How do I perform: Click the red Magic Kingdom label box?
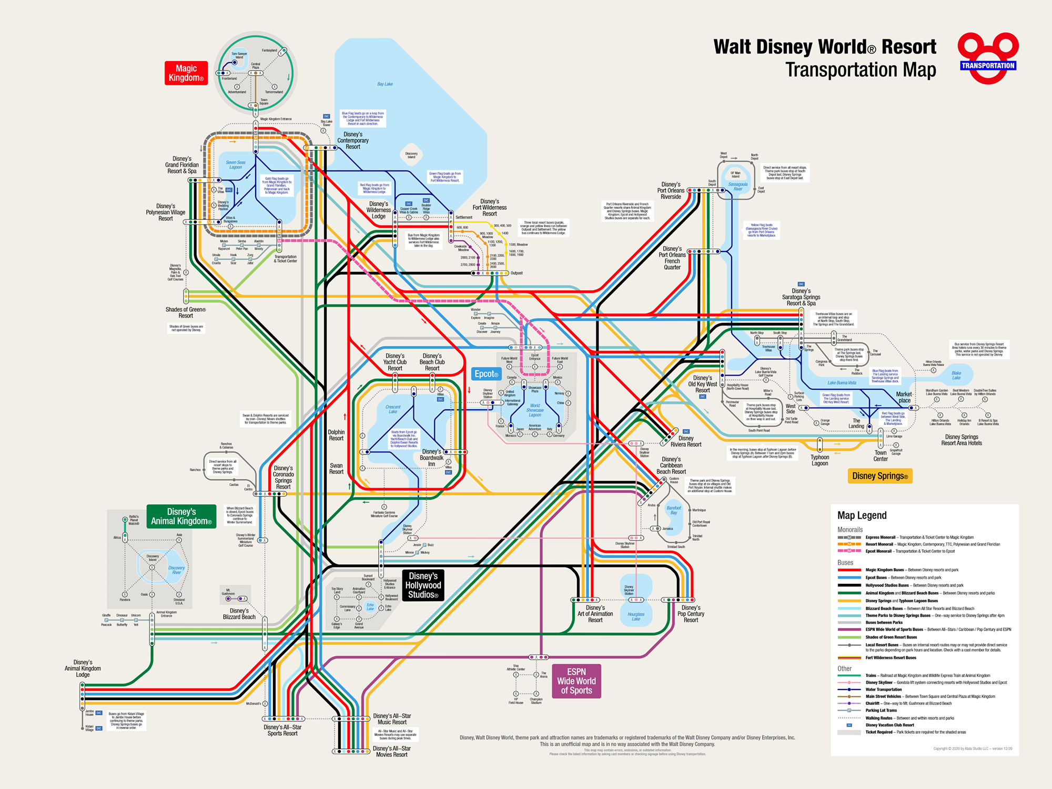click(186, 73)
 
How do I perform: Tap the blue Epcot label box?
click(486, 374)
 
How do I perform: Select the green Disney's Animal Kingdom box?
click(181, 517)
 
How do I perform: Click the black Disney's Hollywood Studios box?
click(423, 585)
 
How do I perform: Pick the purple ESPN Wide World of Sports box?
click(576, 681)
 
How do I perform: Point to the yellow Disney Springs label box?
click(879, 476)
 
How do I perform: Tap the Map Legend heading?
click(862, 515)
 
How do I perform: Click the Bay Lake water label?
click(385, 84)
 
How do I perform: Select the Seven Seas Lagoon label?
click(236, 165)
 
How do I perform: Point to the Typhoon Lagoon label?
click(820, 460)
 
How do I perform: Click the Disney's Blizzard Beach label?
click(239, 614)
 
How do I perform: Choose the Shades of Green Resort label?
click(186, 312)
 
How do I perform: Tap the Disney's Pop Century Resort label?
click(691, 614)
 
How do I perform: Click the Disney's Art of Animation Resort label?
click(595, 614)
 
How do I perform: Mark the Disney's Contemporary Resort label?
click(352, 140)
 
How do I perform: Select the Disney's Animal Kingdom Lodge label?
click(83, 669)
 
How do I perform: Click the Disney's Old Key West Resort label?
click(702, 384)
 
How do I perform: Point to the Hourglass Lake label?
click(635, 616)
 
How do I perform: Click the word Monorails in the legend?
click(850, 530)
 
